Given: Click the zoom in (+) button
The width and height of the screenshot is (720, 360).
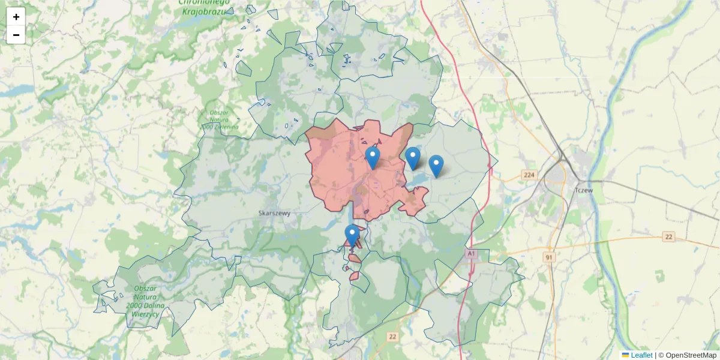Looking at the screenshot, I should tap(16, 17).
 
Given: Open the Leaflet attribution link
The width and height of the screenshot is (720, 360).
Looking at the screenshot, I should tap(641, 355).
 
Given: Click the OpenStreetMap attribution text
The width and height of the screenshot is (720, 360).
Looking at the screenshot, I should tap(691, 355).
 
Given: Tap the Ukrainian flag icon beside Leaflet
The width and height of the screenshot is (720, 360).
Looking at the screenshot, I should tap(626, 355).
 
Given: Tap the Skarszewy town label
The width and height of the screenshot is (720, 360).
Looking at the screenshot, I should tap(274, 213).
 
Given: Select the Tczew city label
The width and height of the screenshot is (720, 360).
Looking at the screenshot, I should tap(583, 190).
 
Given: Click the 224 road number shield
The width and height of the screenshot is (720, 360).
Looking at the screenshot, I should tap(529, 175).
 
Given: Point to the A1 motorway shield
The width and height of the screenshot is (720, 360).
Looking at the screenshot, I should tap(471, 254).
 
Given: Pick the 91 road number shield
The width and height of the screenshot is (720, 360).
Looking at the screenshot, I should tap(549, 257).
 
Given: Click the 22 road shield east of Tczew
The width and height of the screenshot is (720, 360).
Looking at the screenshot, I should tap(669, 237).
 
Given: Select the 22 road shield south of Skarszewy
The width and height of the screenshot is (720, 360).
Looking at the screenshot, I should tap(392, 337).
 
